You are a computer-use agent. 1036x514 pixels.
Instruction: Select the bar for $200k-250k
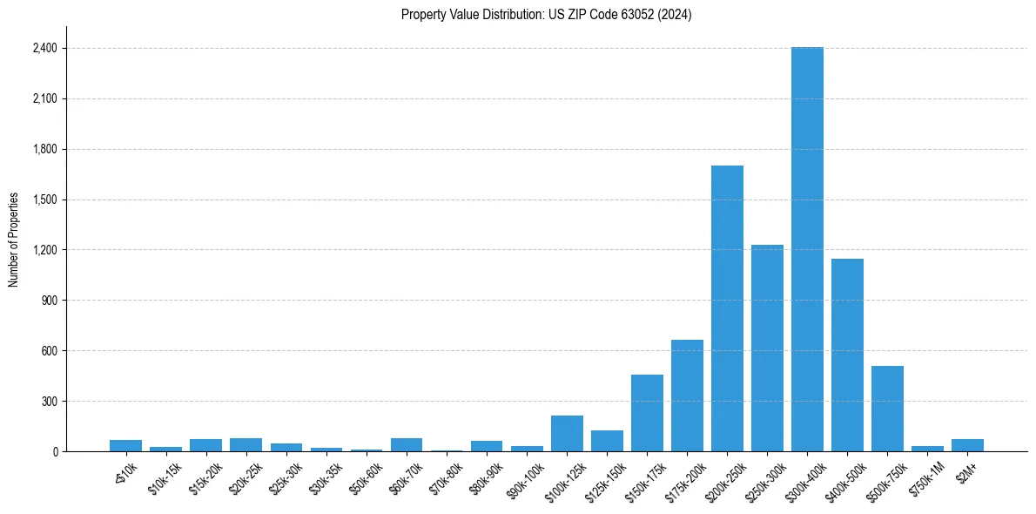tap(727, 308)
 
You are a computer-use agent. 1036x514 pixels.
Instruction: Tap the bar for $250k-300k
tap(767, 348)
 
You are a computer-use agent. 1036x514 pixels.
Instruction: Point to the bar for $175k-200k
tap(687, 396)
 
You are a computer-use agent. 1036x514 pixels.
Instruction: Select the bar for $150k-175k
tap(647, 413)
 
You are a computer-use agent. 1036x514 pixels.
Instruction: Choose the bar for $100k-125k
tap(567, 434)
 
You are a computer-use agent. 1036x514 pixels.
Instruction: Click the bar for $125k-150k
tap(607, 441)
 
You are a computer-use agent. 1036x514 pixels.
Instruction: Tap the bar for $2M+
tap(967, 445)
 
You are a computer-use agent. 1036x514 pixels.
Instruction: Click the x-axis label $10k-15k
tap(165, 476)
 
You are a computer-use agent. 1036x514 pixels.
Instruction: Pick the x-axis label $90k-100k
tap(525, 477)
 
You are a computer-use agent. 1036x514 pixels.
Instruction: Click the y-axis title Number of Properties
tap(14, 240)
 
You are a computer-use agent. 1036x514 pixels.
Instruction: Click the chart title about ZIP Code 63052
tap(547, 15)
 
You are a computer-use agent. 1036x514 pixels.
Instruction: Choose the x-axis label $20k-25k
tap(245, 476)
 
